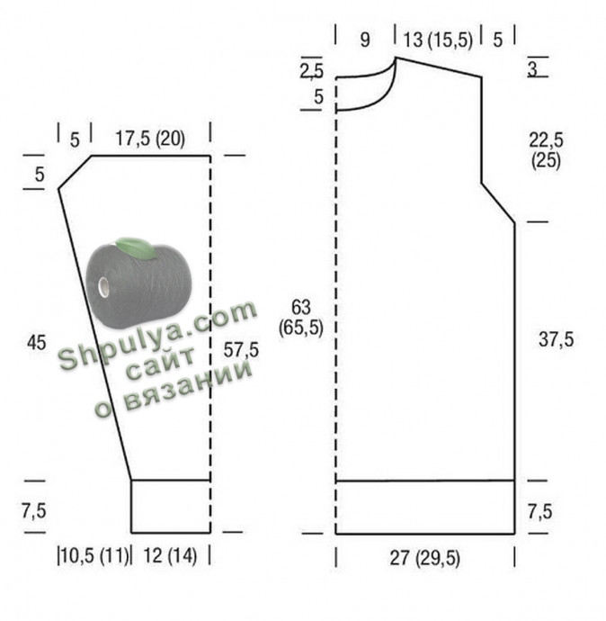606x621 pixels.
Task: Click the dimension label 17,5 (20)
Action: (150, 139)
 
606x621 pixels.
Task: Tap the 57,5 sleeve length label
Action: (241, 350)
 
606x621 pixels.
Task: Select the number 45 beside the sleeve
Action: (36, 342)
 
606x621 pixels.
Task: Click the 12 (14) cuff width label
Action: (170, 555)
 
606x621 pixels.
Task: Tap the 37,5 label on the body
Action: (556, 339)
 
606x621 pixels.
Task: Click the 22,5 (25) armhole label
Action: (547, 149)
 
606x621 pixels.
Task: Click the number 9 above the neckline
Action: (365, 40)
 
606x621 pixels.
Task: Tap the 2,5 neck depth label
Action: (311, 71)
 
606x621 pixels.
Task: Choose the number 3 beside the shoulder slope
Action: (533, 69)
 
